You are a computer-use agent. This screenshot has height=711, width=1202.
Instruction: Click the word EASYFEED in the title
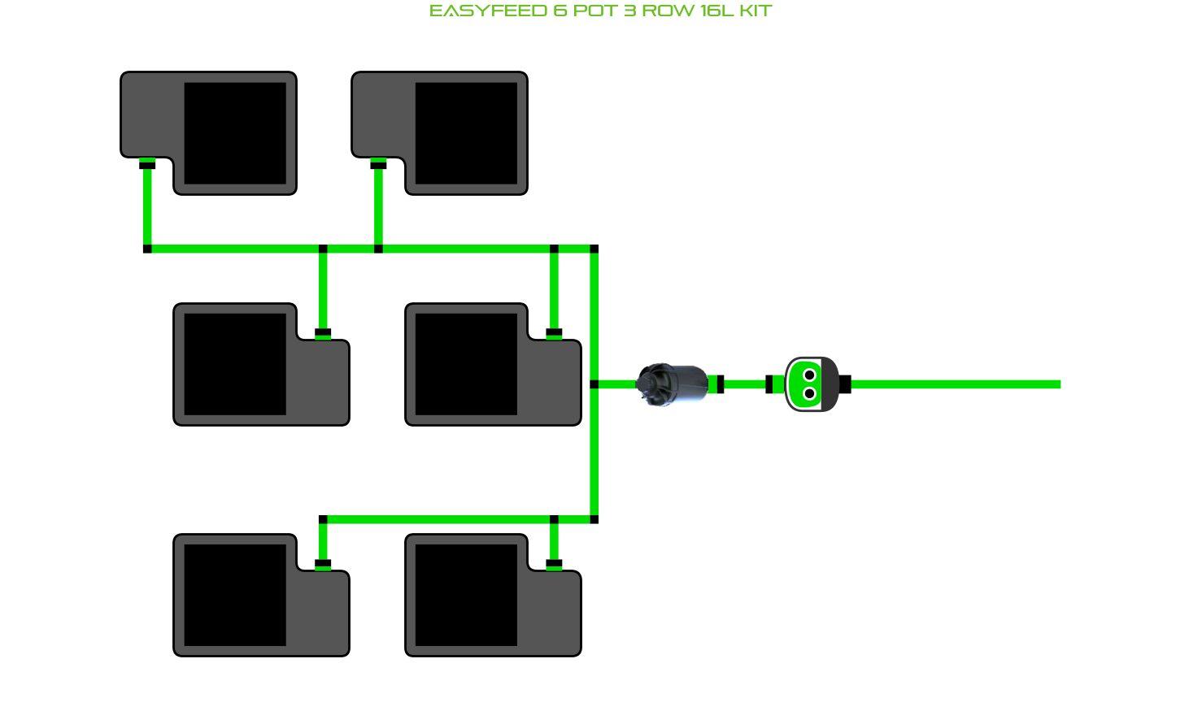pos(488,11)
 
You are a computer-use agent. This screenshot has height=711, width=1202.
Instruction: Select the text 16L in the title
pos(716,11)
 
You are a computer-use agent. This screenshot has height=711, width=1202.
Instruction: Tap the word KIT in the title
pos(756,11)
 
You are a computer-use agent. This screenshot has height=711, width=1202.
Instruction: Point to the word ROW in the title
pos(668,11)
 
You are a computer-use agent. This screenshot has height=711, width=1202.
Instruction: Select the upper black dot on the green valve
pos(809,375)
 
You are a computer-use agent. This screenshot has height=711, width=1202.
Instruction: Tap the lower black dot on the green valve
pos(809,394)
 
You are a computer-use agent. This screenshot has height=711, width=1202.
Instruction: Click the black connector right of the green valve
pos(845,384)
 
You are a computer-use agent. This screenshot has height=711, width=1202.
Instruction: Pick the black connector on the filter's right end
pos(719,384)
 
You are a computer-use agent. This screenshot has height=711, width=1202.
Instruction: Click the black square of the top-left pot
pos(235,133)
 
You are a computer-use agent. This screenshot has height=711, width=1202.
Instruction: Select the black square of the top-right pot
pos(466,133)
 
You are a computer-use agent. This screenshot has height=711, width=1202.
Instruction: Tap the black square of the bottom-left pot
pos(235,595)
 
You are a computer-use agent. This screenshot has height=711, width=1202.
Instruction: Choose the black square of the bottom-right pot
pos(466,595)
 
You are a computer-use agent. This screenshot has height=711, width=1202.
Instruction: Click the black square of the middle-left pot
pos(235,364)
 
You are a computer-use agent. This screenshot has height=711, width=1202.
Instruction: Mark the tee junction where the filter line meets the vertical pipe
pos(594,384)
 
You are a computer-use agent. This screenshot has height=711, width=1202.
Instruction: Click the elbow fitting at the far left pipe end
pos(147,249)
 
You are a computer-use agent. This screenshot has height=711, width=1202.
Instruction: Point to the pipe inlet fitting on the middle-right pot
pos(554,332)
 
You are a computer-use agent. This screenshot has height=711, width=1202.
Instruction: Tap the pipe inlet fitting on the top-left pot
pos(147,164)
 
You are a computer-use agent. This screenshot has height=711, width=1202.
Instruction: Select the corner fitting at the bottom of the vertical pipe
pos(594,519)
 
